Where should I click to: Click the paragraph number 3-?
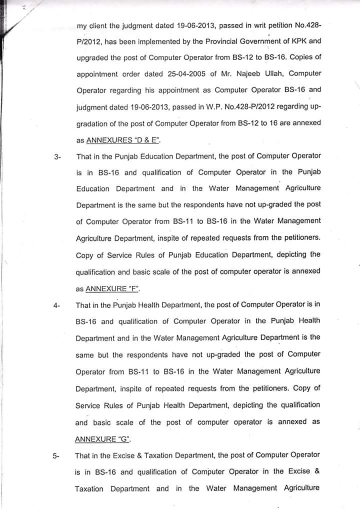pos(57,157)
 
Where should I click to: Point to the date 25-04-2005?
pos(182,74)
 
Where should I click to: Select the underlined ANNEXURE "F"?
pos(113,288)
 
